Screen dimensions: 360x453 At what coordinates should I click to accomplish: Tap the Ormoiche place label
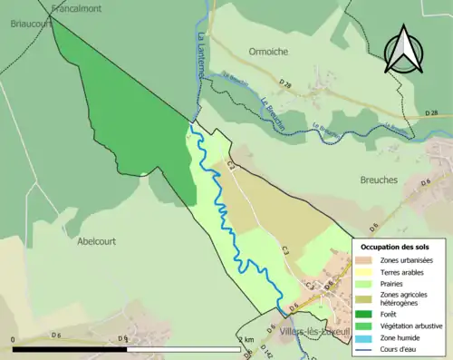click(270, 51)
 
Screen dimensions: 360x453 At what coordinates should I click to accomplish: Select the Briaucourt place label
click(23, 24)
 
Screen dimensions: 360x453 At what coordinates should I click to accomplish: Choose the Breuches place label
click(379, 180)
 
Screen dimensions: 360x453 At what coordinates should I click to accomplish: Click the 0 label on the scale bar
click(14, 339)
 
